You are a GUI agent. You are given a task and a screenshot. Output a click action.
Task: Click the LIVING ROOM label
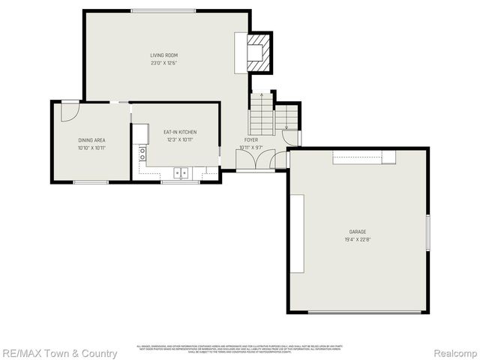163,55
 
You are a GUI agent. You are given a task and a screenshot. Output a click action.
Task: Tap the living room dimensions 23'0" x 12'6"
163,63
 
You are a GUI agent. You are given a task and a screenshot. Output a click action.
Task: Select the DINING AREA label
91,140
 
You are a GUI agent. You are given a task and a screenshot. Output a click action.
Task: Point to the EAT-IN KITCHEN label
180,132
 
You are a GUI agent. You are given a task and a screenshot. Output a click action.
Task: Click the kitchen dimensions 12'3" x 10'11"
180,139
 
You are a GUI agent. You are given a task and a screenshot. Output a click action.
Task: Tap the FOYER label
250,139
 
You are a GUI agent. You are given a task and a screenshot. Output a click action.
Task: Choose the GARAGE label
357,232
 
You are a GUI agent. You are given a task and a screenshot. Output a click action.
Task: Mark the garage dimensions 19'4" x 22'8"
357,240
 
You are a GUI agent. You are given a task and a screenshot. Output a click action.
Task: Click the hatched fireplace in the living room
256,52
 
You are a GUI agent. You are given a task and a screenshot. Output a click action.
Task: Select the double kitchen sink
181,173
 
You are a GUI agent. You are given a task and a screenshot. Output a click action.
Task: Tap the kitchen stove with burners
142,153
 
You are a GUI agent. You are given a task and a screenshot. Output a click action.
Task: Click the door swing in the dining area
68,112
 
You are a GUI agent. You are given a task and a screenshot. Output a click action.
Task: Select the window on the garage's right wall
427,233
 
